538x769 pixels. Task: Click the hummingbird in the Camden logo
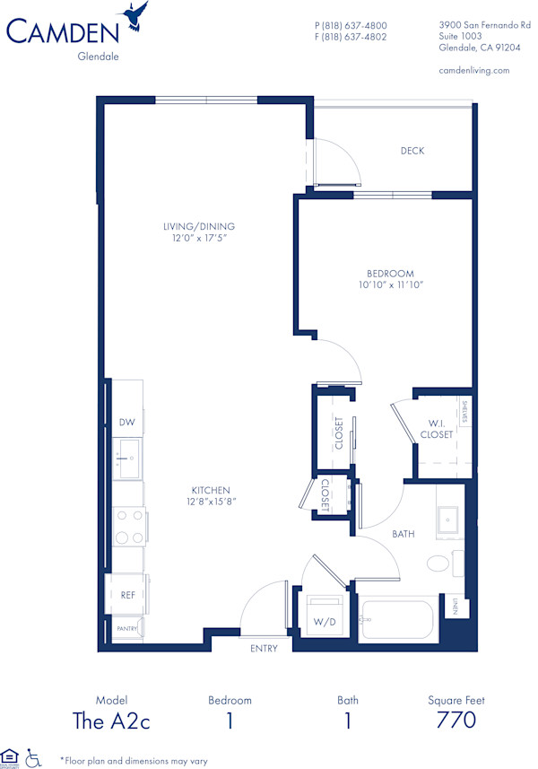(137, 15)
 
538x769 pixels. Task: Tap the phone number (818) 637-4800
(351, 25)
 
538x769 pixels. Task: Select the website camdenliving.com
(474, 70)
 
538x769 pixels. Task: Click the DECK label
(412, 151)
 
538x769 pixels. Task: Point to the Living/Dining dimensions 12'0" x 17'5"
(193, 239)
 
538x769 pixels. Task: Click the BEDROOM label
(390, 274)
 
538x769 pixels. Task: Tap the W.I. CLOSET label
(437, 429)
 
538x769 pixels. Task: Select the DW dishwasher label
(126, 423)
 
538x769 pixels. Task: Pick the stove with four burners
(128, 527)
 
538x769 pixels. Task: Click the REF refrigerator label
(127, 594)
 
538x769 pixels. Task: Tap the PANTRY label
(126, 629)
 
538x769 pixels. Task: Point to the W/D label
(324, 620)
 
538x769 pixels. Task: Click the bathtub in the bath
(397, 619)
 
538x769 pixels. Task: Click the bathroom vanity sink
(447, 520)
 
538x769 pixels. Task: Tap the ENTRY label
(263, 649)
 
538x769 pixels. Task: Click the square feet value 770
(456, 720)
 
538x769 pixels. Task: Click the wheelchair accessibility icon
(34, 757)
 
